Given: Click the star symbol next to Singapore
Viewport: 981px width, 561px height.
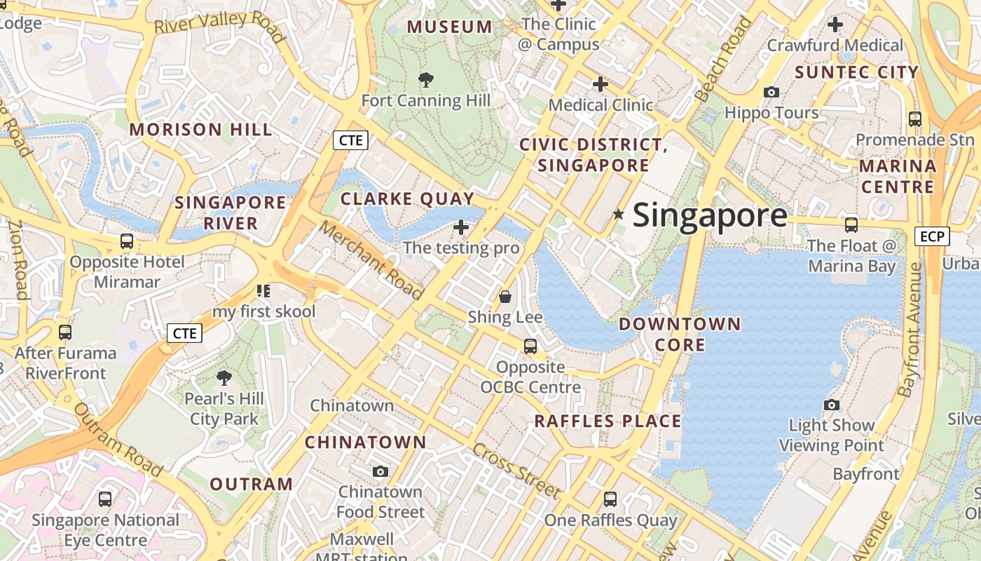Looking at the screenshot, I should [618, 215].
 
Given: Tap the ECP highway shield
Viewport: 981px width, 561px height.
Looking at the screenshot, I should [932, 236].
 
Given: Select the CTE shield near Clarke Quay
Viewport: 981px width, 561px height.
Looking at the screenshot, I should [350, 140].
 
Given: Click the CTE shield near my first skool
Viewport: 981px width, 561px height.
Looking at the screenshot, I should [184, 333].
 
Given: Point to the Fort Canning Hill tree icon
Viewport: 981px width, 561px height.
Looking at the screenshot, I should [425, 79].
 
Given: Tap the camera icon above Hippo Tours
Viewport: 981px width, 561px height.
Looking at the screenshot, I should [771, 92].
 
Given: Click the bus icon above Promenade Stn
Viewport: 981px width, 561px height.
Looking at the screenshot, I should [914, 119].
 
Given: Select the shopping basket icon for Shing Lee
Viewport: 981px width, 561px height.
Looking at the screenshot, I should [505, 297].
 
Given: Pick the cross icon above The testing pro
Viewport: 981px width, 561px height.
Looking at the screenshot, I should [461, 227].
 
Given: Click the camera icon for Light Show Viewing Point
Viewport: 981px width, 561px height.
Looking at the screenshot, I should [832, 405].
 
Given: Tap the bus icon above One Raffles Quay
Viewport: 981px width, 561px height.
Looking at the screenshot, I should [610, 499].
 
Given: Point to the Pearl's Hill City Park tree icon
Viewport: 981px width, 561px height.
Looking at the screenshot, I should [224, 378].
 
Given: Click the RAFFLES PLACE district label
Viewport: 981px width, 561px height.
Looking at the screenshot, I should [608, 421].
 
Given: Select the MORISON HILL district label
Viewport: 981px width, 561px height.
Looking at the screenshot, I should [200, 130].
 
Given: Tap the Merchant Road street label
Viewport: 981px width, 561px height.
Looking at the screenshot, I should [372, 259].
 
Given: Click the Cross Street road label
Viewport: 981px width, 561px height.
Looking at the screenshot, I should [517, 471].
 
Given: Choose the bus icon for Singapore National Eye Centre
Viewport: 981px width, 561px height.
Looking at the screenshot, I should [105, 499].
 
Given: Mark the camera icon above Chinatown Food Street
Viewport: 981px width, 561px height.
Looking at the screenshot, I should [380, 471].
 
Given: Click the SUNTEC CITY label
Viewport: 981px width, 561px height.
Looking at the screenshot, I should [856, 72].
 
